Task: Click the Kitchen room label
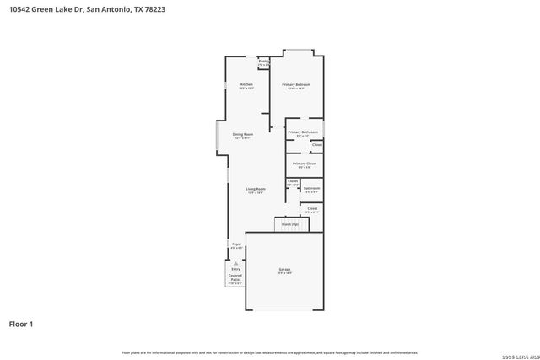coord(246,84)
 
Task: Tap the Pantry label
coord(263,62)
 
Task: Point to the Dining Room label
coord(243,134)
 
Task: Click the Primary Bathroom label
coord(302,132)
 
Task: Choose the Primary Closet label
coord(305,163)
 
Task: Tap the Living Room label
coord(256,189)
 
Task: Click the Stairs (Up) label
coord(290,224)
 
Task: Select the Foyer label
coord(237,244)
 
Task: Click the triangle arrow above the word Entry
coord(236,263)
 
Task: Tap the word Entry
coord(236,269)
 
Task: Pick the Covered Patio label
coord(236,277)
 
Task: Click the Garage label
coord(284,269)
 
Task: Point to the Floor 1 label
coord(21,324)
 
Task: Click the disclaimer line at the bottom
coord(269,352)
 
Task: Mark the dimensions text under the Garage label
coord(284,273)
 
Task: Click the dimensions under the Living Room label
coord(256,193)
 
